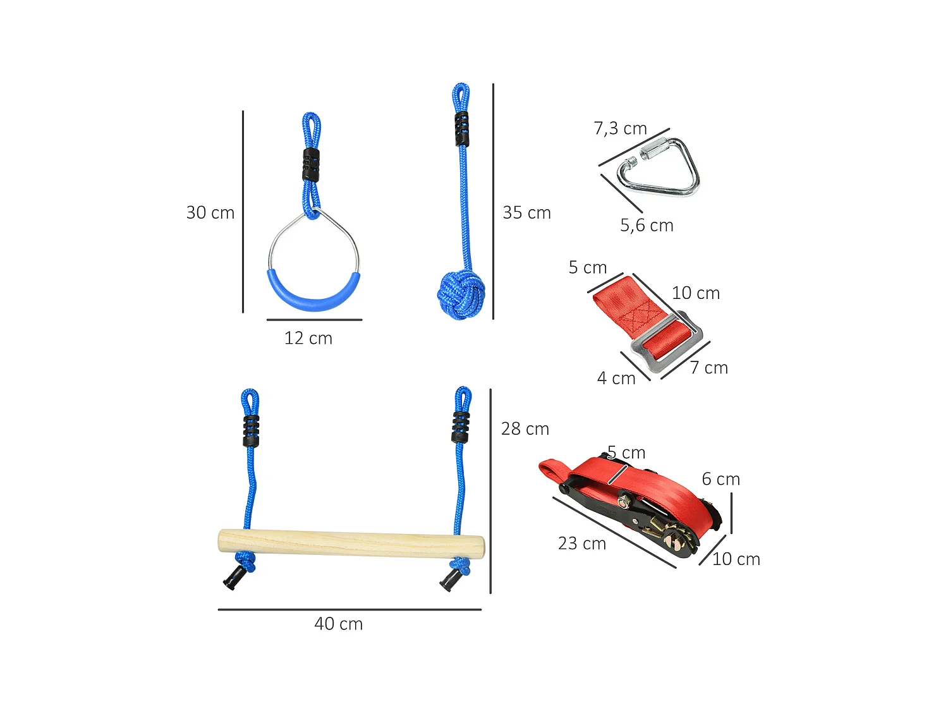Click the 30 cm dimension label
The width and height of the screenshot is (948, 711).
pos(210,213)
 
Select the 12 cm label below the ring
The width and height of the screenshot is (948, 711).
pos(308,339)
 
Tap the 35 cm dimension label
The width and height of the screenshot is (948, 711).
pos(526,213)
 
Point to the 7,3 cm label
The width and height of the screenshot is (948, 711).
pos(620,129)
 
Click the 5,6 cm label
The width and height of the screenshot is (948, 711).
pos(647,226)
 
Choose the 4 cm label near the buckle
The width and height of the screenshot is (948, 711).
pos(616,379)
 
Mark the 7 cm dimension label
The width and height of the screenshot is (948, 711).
pos(708,368)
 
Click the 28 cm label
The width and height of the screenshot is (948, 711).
pos(525,429)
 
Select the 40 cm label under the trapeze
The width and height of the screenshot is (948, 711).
pos(338,624)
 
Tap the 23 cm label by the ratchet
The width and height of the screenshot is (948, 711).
pos(581,544)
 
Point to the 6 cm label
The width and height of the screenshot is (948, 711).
pos(720,480)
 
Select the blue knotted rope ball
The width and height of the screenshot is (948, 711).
pos(461,295)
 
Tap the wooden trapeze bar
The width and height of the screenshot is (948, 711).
pos(351,544)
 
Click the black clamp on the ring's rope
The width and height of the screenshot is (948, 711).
pos(310,164)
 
